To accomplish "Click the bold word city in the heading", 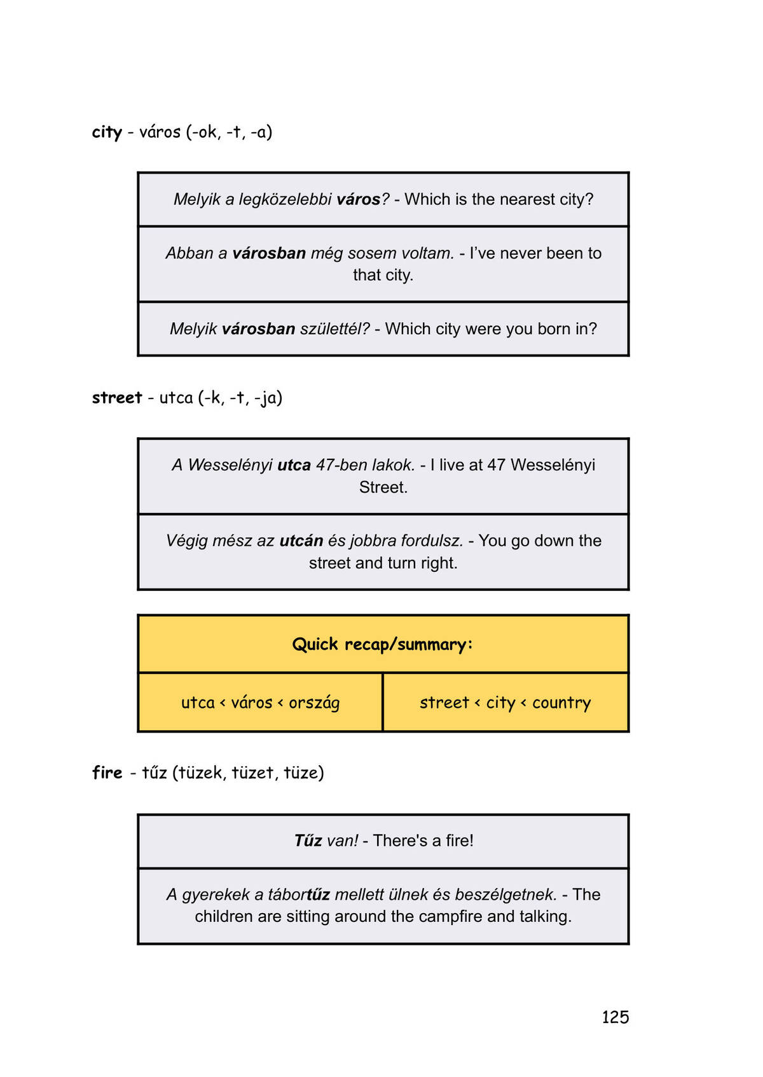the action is coord(107,132).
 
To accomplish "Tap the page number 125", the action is coord(615,1017).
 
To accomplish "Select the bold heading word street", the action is coord(117,398).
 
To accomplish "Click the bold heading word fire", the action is coord(107,773).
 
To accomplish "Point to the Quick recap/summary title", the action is coord(383,644).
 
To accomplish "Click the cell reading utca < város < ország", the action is coord(260,703).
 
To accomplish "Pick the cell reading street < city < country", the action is coord(505,703).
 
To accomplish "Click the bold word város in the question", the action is coord(359,199).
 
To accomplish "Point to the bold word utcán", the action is coord(301,541).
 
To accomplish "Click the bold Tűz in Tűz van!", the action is coord(308,841).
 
